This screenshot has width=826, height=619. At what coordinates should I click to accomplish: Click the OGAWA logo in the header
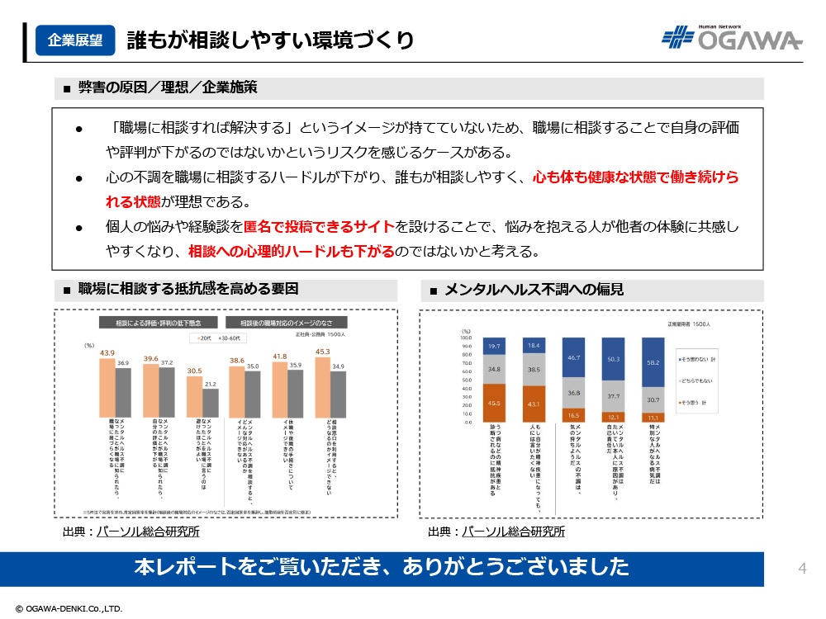click(x=732, y=38)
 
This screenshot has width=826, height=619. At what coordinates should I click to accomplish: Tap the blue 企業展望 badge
click(x=75, y=40)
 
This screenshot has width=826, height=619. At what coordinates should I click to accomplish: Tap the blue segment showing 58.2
click(x=655, y=362)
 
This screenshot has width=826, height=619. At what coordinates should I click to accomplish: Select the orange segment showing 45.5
click(x=494, y=403)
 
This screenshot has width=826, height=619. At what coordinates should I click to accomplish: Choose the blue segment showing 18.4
click(x=533, y=345)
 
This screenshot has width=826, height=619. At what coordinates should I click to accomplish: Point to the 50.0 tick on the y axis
click(x=466, y=380)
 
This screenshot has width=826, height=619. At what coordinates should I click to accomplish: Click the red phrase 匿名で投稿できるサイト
click(x=320, y=226)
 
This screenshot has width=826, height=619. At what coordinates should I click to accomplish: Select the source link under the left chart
click(x=148, y=532)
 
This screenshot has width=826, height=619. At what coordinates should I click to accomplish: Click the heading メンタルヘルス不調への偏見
click(x=533, y=290)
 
